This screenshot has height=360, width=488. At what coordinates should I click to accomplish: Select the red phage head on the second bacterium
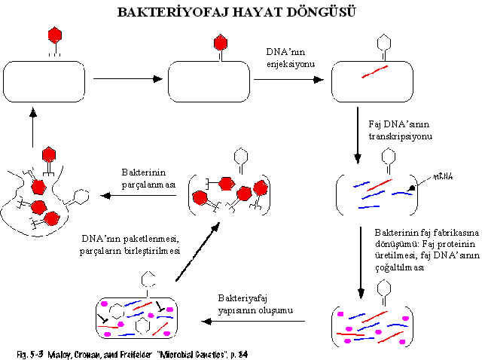220,42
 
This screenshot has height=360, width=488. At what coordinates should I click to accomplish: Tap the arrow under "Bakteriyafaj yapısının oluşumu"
257,321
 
